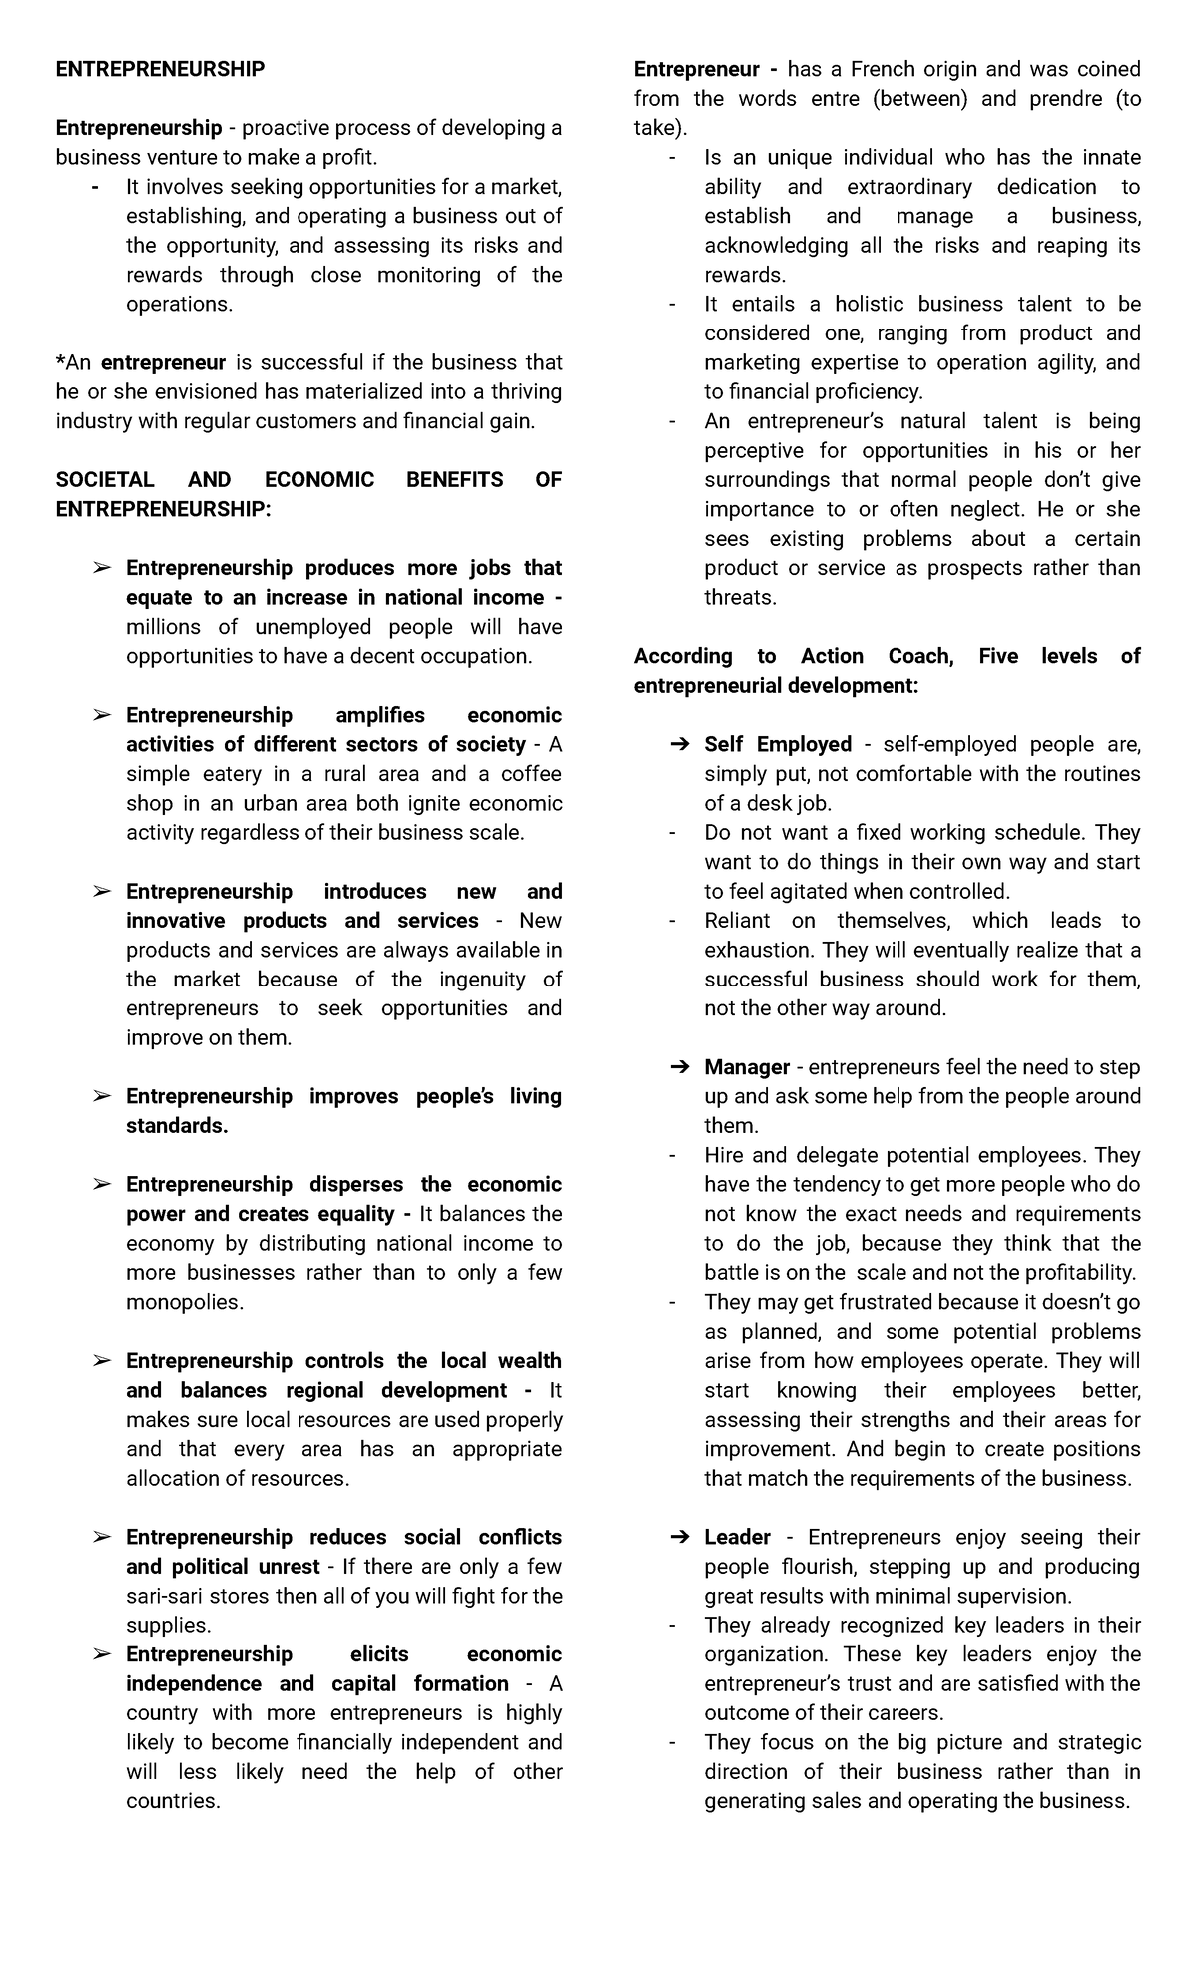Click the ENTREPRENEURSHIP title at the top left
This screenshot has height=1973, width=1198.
(x=160, y=69)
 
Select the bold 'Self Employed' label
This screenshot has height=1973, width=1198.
(x=777, y=744)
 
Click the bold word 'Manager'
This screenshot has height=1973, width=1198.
(x=746, y=1067)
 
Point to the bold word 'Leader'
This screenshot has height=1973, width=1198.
(x=737, y=1537)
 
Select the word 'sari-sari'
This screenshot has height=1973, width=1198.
(x=167, y=1596)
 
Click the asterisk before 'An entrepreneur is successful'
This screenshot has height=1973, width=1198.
(x=60, y=361)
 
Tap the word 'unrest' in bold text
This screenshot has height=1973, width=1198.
(x=289, y=1566)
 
